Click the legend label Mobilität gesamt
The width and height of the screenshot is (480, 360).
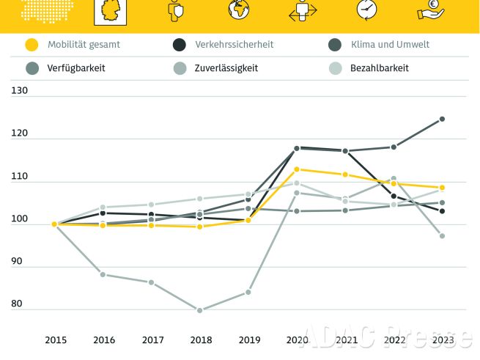click(84, 45)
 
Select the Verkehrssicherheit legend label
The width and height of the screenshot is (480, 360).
click(234, 45)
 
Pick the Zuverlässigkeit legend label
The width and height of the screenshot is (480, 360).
click(226, 68)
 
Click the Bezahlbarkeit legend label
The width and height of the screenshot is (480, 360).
click(379, 68)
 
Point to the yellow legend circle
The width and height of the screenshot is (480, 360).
click(31, 45)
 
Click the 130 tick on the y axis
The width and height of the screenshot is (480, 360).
click(20, 91)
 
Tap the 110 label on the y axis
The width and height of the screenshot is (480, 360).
click(20, 177)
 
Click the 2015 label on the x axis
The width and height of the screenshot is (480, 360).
click(56, 340)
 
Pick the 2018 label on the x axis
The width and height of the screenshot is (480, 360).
click(200, 340)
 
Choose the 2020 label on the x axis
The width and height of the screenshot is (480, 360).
click(297, 340)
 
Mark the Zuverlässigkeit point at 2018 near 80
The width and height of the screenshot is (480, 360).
click(200, 310)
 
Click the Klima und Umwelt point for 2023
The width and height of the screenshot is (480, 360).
click(442, 119)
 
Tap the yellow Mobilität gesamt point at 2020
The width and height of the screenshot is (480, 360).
click(297, 169)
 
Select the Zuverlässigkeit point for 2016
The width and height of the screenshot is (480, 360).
click(103, 274)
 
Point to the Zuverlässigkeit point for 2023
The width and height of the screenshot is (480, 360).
click(442, 235)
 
